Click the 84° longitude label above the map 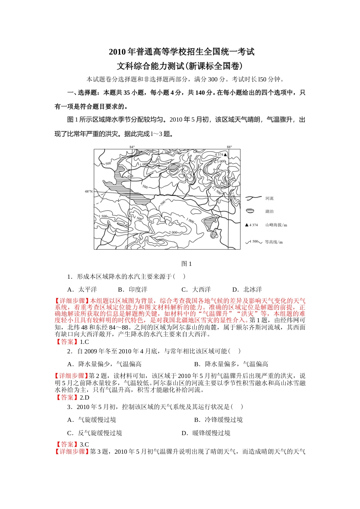click(132, 147)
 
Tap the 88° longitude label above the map click(229, 147)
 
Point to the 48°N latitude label click(88, 192)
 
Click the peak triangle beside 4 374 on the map click(225, 155)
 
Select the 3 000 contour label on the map click(221, 161)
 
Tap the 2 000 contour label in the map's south click(173, 233)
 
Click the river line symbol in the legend click(254, 198)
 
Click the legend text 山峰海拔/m click(276, 225)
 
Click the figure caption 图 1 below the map click(186, 264)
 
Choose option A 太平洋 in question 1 click(82, 290)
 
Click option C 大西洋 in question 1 click(196, 290)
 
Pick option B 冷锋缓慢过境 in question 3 click(218, 420)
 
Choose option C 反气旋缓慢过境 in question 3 click(95, 433)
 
